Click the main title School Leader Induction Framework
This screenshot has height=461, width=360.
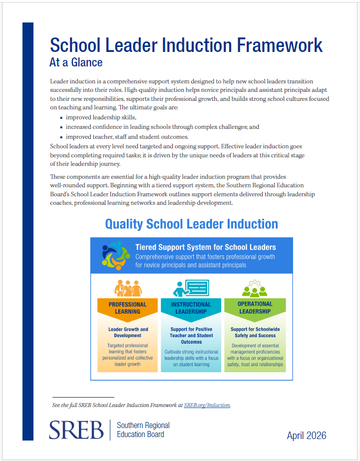186,45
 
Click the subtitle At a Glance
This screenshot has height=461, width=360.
76,62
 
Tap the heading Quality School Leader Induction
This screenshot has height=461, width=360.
191,224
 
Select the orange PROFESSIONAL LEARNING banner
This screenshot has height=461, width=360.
127,308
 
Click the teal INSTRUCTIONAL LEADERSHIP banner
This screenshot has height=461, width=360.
191,308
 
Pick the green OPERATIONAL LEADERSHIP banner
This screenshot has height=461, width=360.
255,308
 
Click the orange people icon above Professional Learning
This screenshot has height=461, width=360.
127,288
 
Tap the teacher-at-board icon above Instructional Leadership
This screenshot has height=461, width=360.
191,288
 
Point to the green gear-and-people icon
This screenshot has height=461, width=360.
255,288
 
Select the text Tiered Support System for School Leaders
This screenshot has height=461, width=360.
205,247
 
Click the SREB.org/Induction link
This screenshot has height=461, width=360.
207,405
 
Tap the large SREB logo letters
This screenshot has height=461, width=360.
76,430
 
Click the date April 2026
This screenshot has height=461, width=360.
307,436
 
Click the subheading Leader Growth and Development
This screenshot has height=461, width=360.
128,333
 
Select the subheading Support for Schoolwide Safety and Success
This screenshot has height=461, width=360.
255,333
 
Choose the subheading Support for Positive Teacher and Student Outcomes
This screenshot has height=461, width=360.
191,336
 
